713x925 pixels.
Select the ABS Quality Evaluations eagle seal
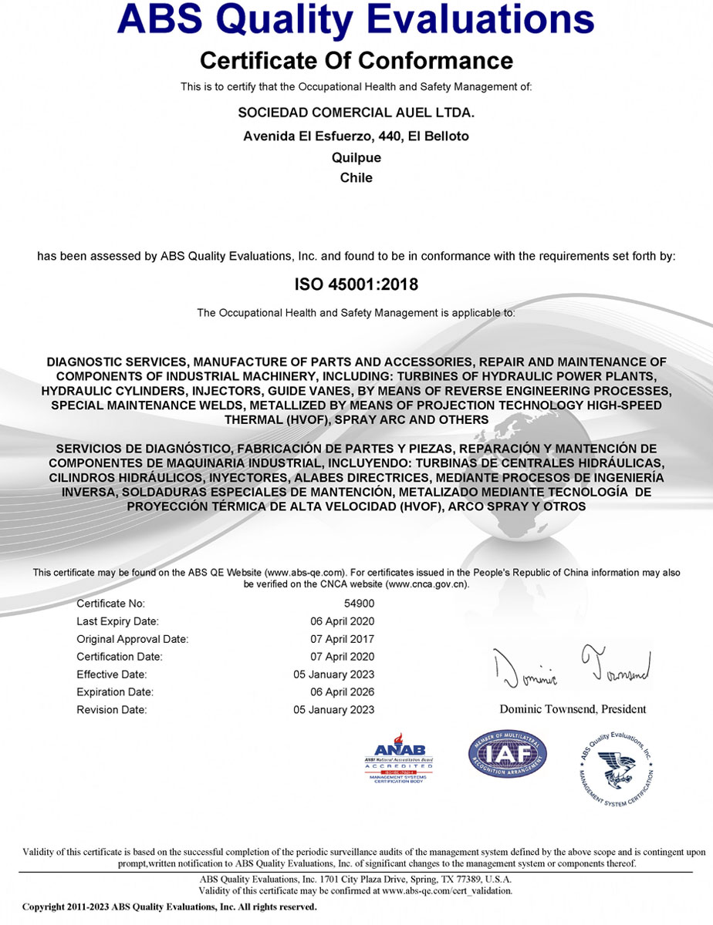[616, 767]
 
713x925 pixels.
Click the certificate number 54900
[359, 604]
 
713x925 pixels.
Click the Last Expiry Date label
[117, 621]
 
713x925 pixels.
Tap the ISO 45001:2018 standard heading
[356, 284]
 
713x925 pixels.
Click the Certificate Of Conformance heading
[356, 59]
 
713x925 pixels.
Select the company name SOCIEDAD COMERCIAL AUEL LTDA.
[356, 113]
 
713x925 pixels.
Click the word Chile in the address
[356, 177]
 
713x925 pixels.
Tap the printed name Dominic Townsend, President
[573, 709]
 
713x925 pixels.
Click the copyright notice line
[170, 907]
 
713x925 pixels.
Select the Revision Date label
[111, 710]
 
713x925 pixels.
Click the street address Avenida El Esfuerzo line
[356, 136]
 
